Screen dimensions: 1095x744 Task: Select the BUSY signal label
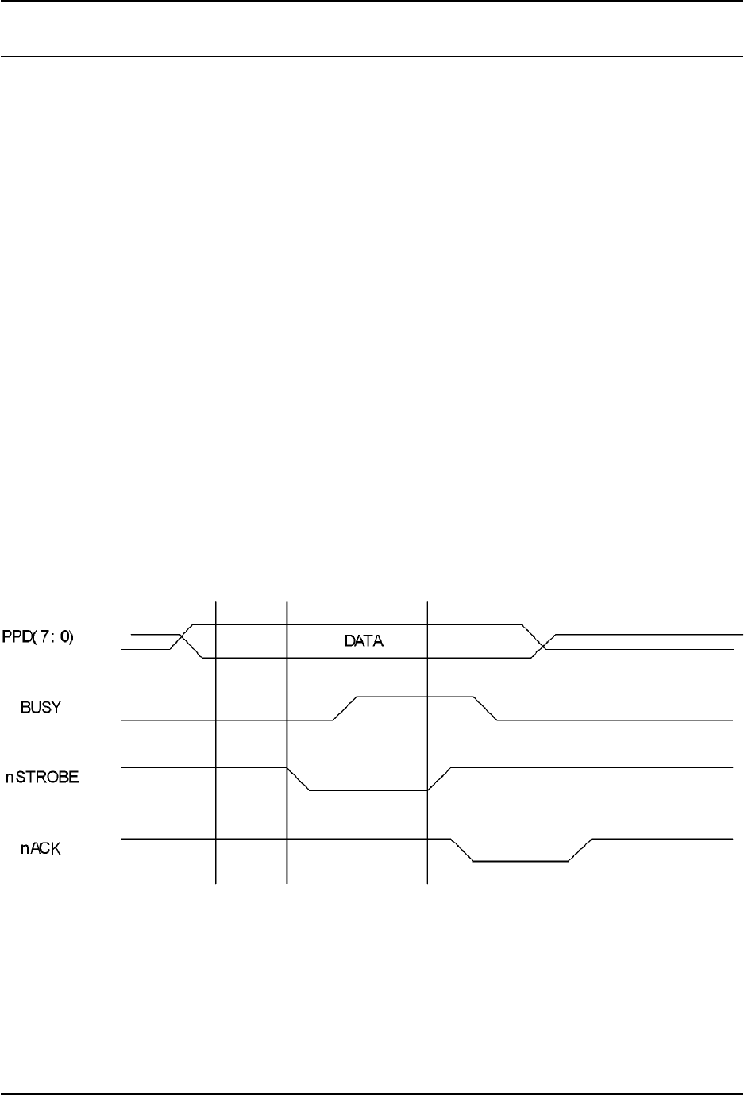[40, 708]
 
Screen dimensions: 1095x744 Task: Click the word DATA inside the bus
[364, 641]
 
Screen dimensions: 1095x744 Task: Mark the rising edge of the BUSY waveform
[345, 709]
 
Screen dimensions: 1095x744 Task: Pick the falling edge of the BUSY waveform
[486, 709]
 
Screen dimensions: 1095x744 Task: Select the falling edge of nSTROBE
[298, 779]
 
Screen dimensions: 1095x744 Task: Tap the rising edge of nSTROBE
[439, 779]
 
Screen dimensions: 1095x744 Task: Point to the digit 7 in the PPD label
[48, 636]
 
